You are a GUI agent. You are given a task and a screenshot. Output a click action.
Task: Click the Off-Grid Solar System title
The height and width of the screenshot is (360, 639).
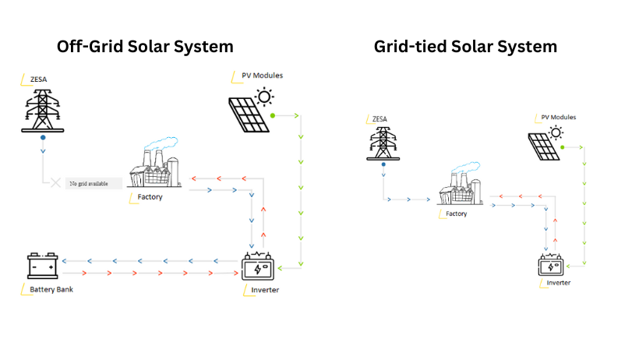(145, 46)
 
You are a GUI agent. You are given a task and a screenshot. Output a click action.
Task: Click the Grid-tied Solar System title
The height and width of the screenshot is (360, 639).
(464, 46)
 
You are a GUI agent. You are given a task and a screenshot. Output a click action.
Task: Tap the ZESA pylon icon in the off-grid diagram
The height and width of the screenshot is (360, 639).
(44, 109)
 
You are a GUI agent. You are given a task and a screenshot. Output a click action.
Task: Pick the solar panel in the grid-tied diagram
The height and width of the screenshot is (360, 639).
(543, 146)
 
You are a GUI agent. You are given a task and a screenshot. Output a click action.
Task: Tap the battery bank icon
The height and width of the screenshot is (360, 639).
(42, 266)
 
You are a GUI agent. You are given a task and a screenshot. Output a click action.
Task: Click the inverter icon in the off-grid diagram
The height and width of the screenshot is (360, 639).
(258, 266)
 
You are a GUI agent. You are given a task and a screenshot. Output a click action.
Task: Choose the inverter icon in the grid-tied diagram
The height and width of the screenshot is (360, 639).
(552, 265)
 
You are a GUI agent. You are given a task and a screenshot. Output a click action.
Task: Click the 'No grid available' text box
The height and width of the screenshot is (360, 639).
(94, 184)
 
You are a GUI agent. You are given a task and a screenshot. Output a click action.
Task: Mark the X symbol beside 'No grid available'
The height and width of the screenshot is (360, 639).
(55, 184)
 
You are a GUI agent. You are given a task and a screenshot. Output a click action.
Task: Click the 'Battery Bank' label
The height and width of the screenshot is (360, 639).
(53, 290)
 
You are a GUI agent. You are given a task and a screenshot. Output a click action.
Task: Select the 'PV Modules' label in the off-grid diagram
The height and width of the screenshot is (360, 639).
(262, 76)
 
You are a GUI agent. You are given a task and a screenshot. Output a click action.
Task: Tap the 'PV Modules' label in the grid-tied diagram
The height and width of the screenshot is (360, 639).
(558, 117)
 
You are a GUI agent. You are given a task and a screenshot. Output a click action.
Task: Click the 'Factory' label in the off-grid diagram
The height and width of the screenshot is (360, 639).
(150, 197)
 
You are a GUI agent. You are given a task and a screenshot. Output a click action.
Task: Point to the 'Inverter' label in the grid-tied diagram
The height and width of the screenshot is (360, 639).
(558, 282)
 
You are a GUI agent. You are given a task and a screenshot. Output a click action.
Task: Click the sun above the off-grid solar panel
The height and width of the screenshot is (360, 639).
(266, 97)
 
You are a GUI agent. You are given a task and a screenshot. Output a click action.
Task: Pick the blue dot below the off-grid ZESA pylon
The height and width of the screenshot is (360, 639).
(44, 138)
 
